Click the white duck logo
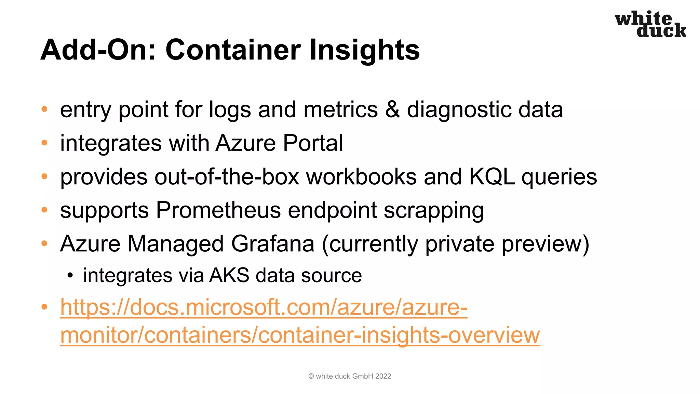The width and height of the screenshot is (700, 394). (650, 24)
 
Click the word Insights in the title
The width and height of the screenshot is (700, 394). (364, 50)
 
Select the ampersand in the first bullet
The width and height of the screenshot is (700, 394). (392, 109)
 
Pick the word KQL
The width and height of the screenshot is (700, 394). (492, 177)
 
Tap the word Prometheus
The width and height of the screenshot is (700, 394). (218, 210)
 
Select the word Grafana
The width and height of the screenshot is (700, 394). (272, 244)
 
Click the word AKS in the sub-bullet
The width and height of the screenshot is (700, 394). (229, 275)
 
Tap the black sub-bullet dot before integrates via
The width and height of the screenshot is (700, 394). (70, 276)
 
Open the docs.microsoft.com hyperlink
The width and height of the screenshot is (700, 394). (264, 307)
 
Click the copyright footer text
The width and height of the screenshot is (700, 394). (350, 376)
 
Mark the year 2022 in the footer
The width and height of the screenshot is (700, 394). (383, 376)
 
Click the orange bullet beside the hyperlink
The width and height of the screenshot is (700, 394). (44, 307)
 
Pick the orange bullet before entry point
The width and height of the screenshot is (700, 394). (44, 109)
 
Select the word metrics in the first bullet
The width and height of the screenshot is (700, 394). (340, 109)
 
